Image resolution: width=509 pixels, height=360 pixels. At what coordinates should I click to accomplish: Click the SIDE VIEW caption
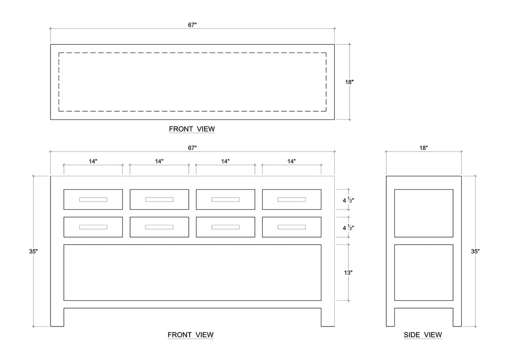click(x=423, y=335)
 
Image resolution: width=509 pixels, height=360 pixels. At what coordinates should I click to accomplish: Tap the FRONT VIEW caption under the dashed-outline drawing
click(x=192, y=129)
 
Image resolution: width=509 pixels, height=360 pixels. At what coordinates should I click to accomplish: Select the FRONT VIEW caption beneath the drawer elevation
click(x=190, y=335)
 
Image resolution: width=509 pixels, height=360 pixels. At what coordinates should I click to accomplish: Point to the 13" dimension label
click(x=348, y=273)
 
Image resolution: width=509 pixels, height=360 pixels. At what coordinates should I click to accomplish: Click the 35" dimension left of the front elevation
click(x=33, y=251)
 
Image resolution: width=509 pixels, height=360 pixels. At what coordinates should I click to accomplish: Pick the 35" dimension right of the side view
click(x=475, y=251)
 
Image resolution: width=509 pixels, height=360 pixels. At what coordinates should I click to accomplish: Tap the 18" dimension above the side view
click(x=423, y=148)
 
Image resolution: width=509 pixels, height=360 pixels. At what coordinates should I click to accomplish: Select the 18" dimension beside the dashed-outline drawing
click(x=349, y=82)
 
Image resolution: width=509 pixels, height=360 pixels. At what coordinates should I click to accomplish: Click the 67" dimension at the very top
click(x=192, y=24)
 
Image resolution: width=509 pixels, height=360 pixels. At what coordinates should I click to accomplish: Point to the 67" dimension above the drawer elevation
click(x=192, y=148)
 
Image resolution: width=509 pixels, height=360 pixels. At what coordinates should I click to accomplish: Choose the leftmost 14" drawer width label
click(x=93, y=161)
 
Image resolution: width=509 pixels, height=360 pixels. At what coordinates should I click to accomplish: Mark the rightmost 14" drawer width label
click(x=292, y=161)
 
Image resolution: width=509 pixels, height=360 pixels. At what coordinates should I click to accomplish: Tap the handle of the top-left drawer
click(x=93, y=200)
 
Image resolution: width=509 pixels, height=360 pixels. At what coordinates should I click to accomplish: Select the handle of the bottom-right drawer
click(x=292, y=227)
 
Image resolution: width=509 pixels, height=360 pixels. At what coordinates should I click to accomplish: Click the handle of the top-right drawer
click(x=292, y=200)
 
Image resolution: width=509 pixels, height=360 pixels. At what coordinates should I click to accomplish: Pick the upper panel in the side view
click(x=423, y=213)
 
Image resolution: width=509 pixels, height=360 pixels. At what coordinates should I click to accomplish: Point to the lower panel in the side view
click(x=423, y=273)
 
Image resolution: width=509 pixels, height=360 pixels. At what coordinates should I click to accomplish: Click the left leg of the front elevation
click(x=57, y=317)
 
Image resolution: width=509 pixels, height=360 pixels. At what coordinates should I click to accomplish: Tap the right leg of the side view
click(x=457, y=317)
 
